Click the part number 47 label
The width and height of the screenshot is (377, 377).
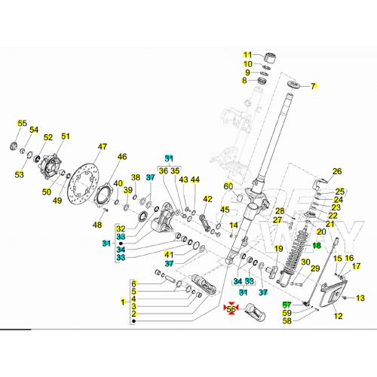103,146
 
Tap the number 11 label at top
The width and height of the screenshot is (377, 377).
247,54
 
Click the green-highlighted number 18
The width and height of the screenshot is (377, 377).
317,245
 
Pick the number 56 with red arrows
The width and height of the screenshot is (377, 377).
231,308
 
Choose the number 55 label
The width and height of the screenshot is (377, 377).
22,123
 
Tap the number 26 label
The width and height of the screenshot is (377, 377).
337,171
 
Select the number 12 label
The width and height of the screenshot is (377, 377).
339,316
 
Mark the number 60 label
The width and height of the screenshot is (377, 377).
228,186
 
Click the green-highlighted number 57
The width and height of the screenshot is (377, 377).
287,305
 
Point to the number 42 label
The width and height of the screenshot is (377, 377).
207,199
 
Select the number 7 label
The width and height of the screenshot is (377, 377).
313,86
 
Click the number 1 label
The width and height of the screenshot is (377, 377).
123,302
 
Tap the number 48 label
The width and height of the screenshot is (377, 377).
97,225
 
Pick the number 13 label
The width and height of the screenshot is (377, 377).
360,298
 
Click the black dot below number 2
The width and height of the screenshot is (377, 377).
133,321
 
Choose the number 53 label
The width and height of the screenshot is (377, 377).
19,174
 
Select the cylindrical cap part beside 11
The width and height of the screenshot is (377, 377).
270,57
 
